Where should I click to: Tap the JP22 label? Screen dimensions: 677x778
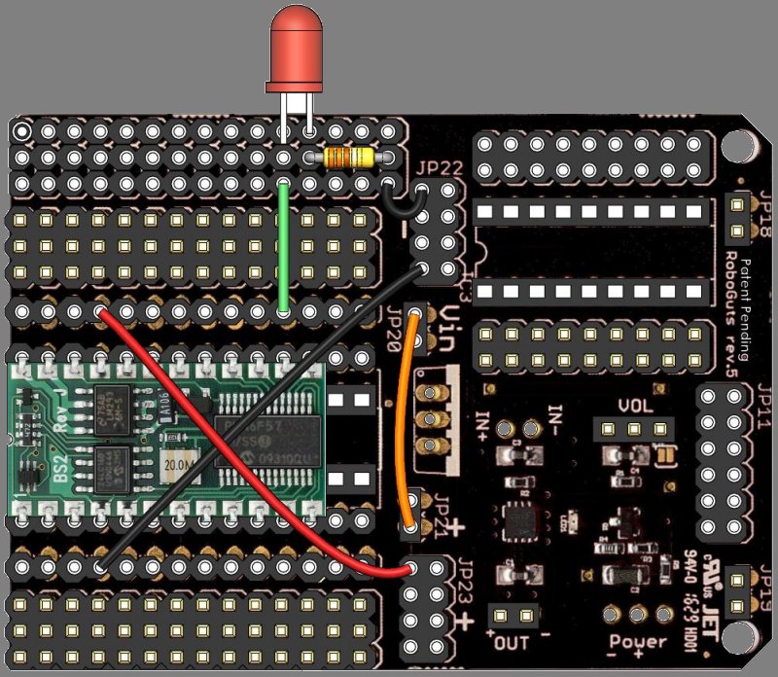[438, 167]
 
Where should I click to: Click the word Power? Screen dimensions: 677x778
[637, 642]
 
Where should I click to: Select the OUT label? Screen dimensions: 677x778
[512, 643]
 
